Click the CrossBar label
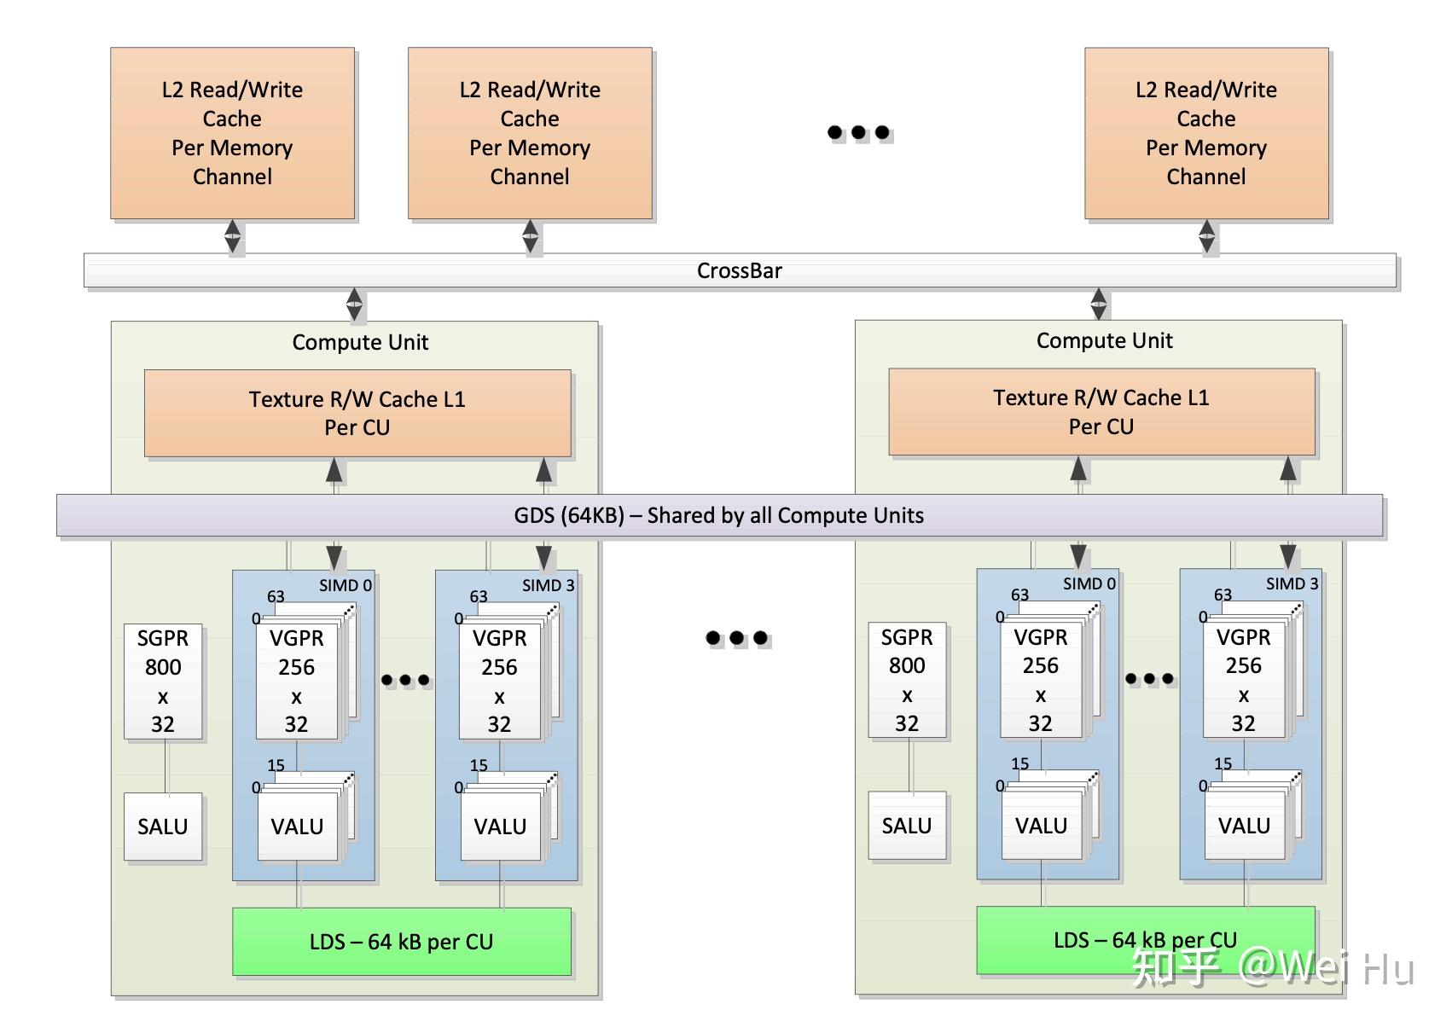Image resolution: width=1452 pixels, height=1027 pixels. coord(739,271)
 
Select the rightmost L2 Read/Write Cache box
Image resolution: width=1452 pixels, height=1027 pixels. coord(1205,133)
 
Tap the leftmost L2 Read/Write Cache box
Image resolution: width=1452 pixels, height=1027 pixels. coord(232,133)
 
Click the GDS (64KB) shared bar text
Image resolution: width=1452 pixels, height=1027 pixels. coord(718,515)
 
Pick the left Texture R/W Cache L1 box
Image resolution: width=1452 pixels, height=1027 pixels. coord(357,413)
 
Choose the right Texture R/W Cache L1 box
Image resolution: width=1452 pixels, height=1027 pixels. coord(1101,412)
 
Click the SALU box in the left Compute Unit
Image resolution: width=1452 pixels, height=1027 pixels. coord(163,827)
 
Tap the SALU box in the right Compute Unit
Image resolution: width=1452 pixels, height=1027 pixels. coord(907,826)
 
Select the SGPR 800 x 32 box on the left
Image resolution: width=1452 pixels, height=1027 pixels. coord(163,681)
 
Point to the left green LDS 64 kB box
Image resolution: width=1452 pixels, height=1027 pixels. coord(401,942)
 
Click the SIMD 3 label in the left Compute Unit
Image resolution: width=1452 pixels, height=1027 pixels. coord(548,585)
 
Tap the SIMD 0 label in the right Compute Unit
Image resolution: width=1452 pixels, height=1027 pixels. coord(1089,583)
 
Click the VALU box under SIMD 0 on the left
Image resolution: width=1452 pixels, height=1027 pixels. coord(297,827)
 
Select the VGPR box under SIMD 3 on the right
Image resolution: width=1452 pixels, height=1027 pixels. coord(1243,681)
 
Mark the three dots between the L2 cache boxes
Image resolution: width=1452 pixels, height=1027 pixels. coord(859,132)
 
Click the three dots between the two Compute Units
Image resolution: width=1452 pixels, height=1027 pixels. coord(737,638)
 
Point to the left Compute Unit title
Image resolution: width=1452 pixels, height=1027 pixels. coord(360,342)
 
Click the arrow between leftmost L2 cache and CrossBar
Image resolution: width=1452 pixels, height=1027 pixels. coord(232,236)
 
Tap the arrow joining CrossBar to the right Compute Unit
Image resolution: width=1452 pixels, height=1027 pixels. coord(1099,304)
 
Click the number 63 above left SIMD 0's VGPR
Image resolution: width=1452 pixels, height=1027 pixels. coord(276,596)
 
